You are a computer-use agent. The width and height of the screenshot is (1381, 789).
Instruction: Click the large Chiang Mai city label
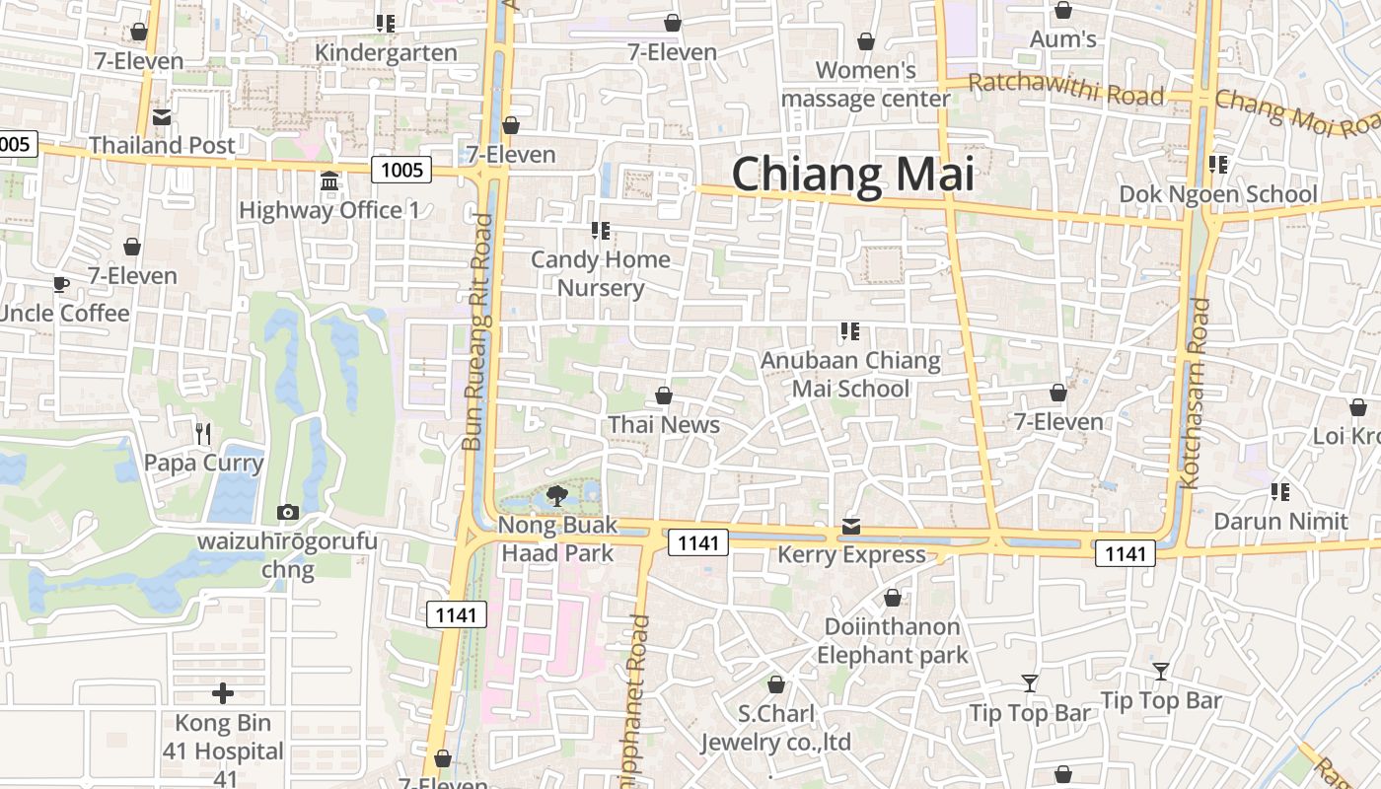click(x=852, y=175)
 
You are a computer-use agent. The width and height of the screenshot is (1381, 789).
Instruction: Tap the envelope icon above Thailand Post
click(x=162, y=118)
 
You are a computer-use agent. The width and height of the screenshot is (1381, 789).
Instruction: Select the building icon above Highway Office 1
click(x=329, y=182)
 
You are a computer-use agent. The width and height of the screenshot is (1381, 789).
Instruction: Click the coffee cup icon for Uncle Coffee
click(x=61, y=285)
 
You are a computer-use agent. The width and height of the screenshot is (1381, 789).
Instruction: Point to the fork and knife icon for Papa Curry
click(x=203, y=433)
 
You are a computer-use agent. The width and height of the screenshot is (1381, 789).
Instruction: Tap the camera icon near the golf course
click(x=288, y=512)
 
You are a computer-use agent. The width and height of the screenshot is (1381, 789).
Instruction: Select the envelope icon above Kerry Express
click(x=851, y=528)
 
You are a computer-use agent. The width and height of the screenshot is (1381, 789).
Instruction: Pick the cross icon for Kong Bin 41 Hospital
click(x=223, y=693)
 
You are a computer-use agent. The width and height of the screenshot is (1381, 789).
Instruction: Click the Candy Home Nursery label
click(x=600, y=274)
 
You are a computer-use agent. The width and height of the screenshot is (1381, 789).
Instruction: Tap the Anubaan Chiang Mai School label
click(x=850, y=374)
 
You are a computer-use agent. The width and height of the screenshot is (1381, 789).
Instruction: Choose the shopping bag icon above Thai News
click(x=664, y=396)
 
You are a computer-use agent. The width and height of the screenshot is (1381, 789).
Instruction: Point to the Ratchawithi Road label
click(x=1065, y=90)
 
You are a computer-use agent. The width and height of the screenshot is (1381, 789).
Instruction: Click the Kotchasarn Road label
click(x=1195, y=394)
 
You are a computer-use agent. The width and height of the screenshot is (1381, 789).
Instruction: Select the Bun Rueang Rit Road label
click(x=477, y=332)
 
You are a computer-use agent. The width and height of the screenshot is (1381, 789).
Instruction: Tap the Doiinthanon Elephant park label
click(x=893, y=640)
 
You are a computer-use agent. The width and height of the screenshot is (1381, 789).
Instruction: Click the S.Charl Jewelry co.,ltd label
click(x=775, y=727)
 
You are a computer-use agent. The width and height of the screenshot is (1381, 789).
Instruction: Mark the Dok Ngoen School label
click(x=1217, y=194)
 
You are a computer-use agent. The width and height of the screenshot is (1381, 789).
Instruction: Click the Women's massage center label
click(x=865, y=85)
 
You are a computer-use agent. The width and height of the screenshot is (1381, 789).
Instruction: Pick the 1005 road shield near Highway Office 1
click(x=402, y=170)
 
